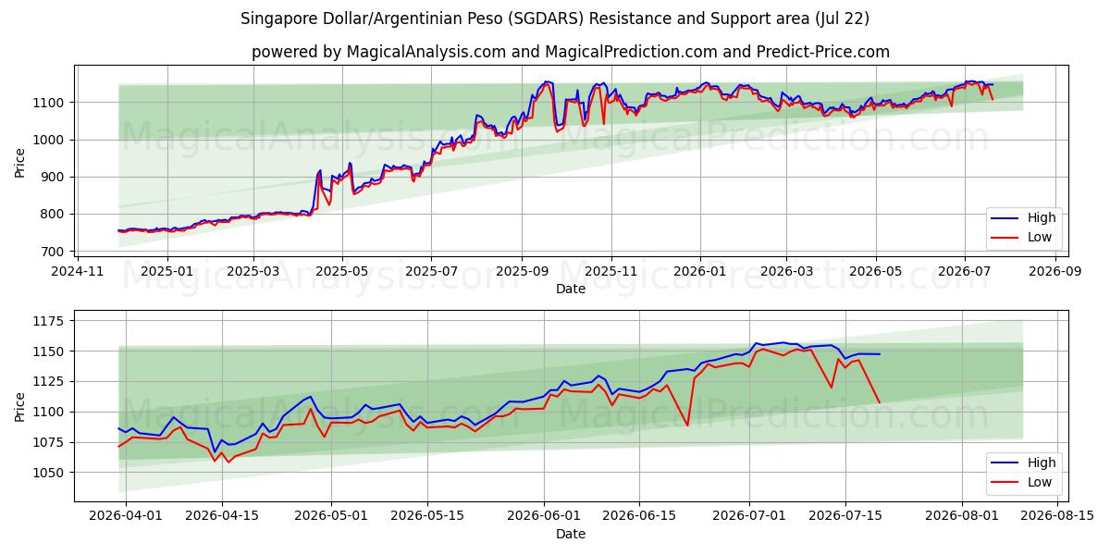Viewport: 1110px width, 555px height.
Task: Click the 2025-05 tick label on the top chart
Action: [342, 272]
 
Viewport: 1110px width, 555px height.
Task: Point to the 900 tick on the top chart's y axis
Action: [53, 177]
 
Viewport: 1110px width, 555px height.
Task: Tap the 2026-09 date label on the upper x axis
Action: [1055, 272]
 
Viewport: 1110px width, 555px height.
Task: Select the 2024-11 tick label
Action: [78, 272]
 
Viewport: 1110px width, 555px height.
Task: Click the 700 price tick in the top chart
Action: [53, 252]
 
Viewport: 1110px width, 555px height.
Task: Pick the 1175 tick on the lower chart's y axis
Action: [48, 321]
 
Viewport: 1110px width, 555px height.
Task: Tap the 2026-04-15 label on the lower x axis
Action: [222, 516]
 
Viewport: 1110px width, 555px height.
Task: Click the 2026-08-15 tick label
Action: [1057, 516]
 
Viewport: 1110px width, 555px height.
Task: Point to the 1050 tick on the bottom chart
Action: [48, 473]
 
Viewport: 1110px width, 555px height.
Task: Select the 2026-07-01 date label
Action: [748, 516]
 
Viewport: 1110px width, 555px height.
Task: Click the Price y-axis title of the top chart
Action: [19, 163]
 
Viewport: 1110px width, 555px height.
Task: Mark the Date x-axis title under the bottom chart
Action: [571, 534]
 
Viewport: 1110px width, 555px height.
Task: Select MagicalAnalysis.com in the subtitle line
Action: [426, 52]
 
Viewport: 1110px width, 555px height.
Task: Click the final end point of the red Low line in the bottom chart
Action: [880, 402]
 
